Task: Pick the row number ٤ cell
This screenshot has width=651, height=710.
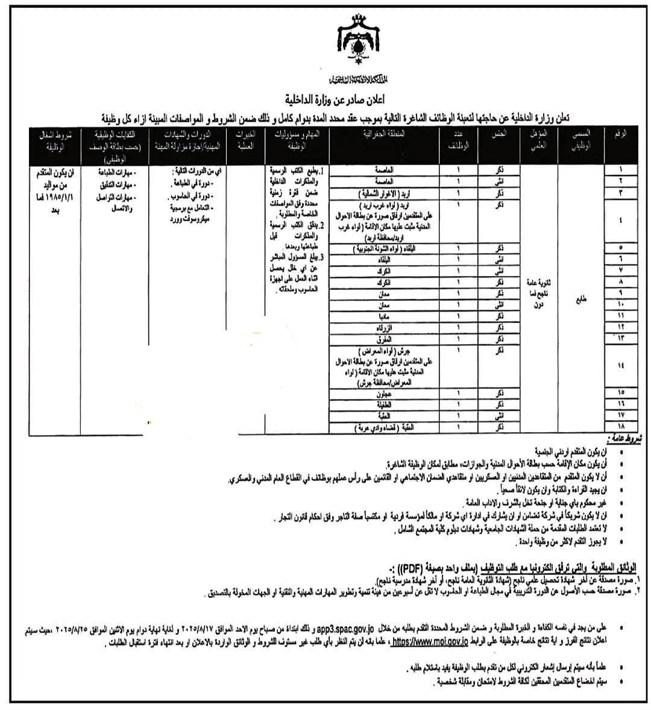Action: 621,220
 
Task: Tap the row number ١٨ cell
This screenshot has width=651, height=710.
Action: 621,427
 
